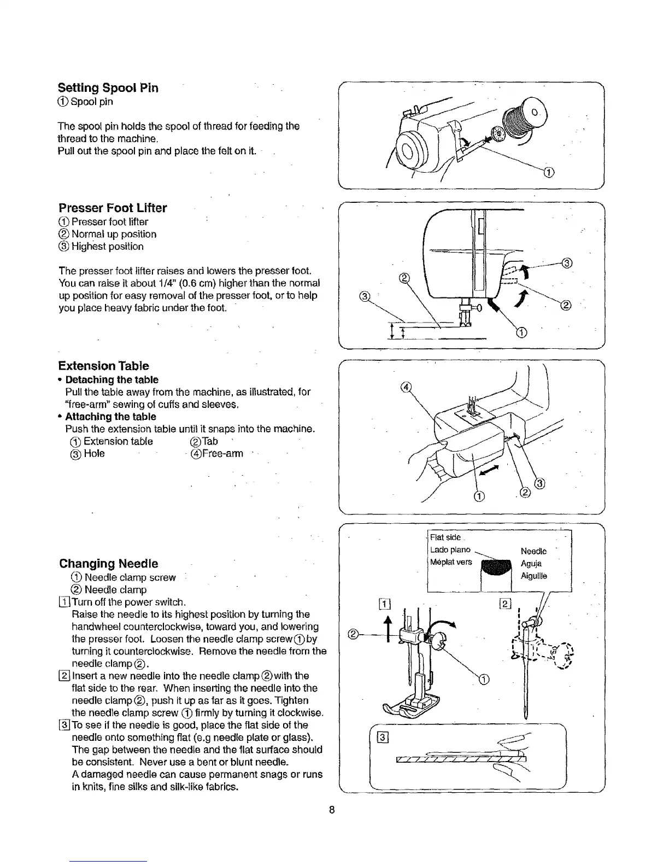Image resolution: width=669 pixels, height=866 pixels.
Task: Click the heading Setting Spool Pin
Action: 108,88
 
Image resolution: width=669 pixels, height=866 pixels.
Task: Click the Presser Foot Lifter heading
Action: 113,208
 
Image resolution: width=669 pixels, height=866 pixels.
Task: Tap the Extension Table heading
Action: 103,366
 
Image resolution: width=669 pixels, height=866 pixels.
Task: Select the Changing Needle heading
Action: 108,564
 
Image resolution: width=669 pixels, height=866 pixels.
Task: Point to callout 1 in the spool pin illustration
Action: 549,173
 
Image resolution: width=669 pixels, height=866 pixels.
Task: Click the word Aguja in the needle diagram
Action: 531,564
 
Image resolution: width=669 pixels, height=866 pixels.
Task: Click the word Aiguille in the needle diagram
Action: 534,576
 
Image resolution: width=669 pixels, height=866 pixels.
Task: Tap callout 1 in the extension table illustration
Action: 479,496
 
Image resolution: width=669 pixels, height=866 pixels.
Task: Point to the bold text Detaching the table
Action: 111,379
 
